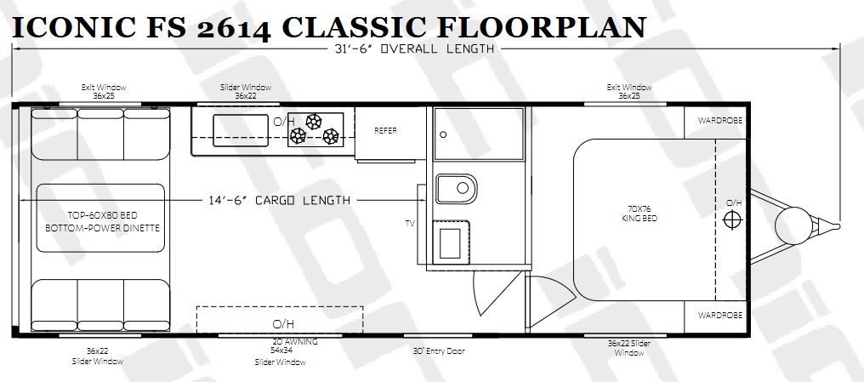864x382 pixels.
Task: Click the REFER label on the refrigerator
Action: click(386, 131)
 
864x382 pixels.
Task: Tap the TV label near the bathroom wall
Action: click(409, 224)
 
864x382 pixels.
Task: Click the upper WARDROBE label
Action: click(720, 120)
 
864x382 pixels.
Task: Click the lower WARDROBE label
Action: click(720, 316)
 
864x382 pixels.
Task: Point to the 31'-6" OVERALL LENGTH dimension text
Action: click(414, 48)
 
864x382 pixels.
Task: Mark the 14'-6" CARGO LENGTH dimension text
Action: click(280, 200)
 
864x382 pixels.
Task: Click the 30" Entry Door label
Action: click(439, 351)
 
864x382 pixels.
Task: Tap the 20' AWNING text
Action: click(295, 342)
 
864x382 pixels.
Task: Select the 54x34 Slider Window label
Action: click(281, 356)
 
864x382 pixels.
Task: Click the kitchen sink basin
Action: click(241, 131)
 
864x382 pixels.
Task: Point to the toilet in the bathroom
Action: click(457, 189)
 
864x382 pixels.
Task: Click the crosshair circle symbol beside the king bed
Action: click(732, 220)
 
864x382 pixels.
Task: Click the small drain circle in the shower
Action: click(444, 134)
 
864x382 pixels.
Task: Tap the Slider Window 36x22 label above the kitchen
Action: click(246, 92)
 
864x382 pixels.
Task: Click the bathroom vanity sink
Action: click(451, 241)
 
